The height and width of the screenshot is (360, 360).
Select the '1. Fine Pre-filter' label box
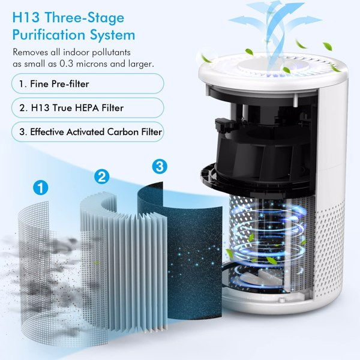click(x=86, y=83)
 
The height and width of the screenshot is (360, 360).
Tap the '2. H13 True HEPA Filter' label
click(x=86, y=107)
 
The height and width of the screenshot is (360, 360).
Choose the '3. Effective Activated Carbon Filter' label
click(x=86, y=131)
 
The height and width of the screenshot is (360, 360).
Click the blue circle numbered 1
click(x=41, y=188)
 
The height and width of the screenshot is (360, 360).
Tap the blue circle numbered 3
click(x=159, y=164)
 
